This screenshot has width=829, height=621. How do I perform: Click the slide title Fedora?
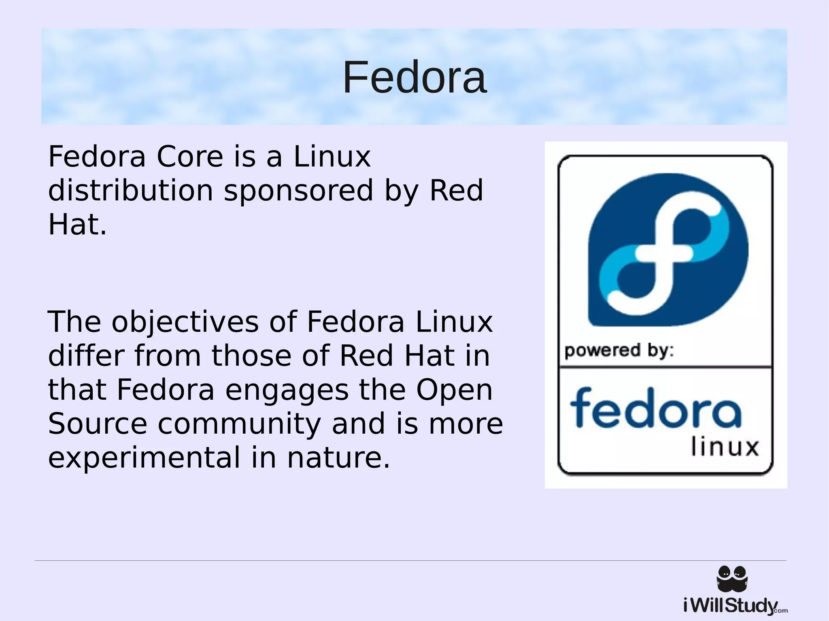[414, 77]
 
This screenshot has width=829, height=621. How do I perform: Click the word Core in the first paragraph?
[190, 157]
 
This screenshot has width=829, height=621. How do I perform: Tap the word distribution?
[130, 191]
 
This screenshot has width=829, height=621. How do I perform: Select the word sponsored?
[298, 191]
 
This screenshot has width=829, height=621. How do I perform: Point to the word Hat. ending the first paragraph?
[77, 225]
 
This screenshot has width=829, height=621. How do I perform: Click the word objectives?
[185, 322]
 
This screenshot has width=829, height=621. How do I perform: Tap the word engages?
[287, 390]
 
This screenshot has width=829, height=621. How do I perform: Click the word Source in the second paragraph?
[98, 424]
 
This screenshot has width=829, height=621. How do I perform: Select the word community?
[239, 424]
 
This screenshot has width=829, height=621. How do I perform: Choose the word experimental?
[144, 458]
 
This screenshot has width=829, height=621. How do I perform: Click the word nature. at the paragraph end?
[338, 458]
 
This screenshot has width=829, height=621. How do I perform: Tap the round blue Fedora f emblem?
[668, 250]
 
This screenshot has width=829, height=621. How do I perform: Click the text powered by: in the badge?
[619, 351]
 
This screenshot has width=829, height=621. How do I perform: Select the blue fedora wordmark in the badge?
[656, 409]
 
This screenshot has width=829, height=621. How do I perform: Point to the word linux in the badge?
[725, 447]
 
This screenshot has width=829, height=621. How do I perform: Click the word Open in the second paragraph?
[454, 390]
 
